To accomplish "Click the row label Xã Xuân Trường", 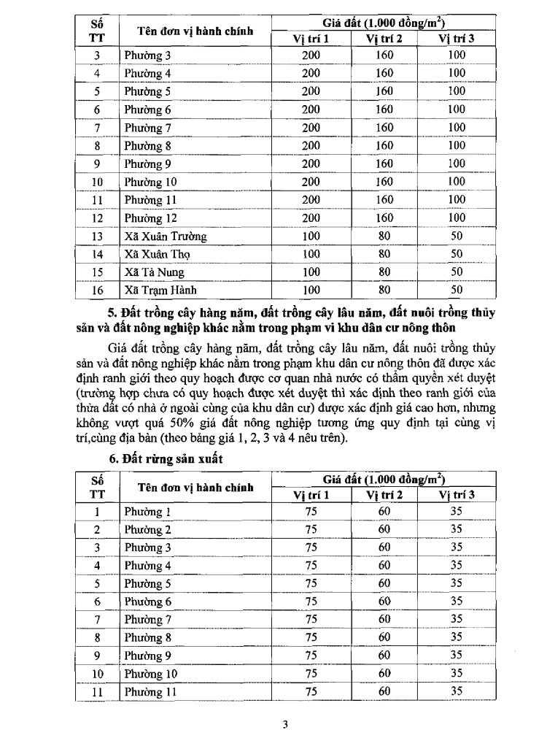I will click(x=165, y=237).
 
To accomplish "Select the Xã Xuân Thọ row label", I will click(x=156, y=255).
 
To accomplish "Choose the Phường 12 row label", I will click(x=151, y=218).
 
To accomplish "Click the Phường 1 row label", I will click(x=148, y=512).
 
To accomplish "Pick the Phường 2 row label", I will click(x=148, y=530).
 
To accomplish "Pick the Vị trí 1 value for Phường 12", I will click(x=311, y=218).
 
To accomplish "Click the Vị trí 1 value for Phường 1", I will click(x=311, y=512).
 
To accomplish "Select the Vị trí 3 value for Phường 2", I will click(x=457, y=530).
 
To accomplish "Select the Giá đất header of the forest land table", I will click(x=384, y=479).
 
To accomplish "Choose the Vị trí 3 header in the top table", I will click(x=457, y=39).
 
